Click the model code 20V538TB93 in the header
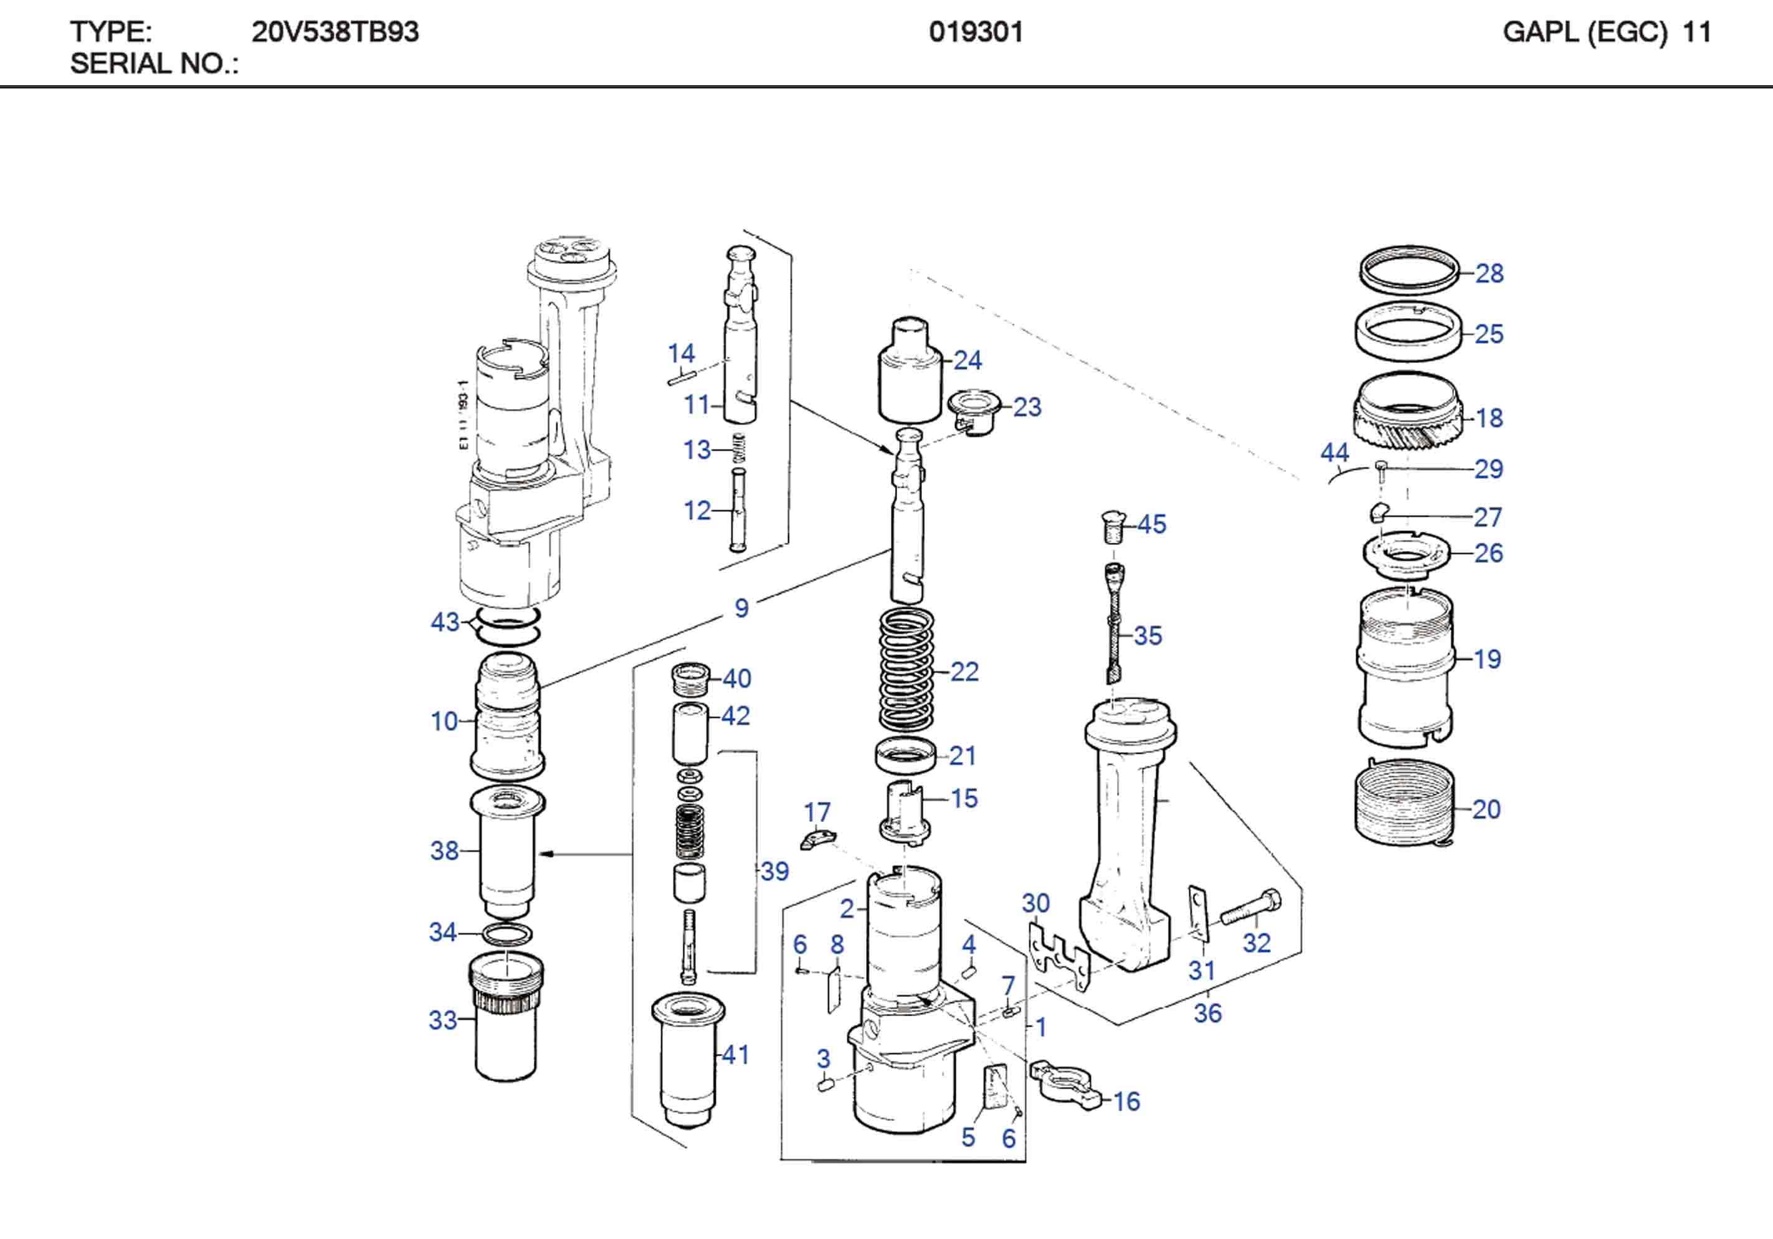pyautogui.click(x=335, y=32)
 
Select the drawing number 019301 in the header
pyautogui.click(x=976, y=32)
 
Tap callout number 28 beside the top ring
pyautogui.click(x=1489, y=273)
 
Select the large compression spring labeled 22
pyautogui.click(x=907, y=670)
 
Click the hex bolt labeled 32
pyautogui.click(x=1250, y=908)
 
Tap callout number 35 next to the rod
pyautogui.click(x=1148, y=636)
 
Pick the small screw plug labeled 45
pyautogui.click(x=1112, y=527)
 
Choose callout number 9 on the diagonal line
pyautogui.click(x=741, y=608)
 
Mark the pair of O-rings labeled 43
pyautogui.click(x=506, y=624)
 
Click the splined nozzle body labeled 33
pyautogui.click(x=506, y=1019)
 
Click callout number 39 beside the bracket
pyautogui.click(x=774, y=872)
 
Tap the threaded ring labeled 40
pyautogui.click(x=691, y=679)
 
